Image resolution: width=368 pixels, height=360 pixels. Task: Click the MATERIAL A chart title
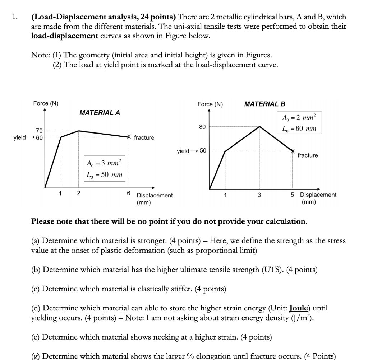coord(100,113)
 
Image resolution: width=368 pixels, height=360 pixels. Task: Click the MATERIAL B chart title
coord(264,104)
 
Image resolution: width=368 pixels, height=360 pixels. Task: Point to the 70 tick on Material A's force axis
coord(39,131)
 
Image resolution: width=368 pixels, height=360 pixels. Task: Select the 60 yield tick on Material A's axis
coord(39,137)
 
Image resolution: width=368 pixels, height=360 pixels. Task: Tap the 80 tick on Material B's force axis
coord(202,127)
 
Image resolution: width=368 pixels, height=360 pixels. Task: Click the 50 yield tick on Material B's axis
coord(203,151)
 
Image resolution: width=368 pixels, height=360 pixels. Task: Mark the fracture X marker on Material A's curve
coord(129,137)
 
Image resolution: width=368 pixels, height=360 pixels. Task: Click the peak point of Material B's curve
coord(259,126)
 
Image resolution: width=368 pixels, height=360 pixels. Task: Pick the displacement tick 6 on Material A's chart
coord(128,193)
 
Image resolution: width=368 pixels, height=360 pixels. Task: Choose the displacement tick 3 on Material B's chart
coord(259,195)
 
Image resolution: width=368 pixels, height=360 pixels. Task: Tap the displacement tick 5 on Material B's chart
coord(293,195)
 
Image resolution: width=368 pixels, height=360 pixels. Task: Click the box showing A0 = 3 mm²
coord(104,163)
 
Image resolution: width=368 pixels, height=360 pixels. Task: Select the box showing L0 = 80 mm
coord(299,128)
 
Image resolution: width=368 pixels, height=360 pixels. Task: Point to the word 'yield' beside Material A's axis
coord(19,137)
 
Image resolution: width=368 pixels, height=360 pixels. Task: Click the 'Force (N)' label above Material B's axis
coord(210,104)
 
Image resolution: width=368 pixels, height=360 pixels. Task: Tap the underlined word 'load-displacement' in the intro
coord(65,36)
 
